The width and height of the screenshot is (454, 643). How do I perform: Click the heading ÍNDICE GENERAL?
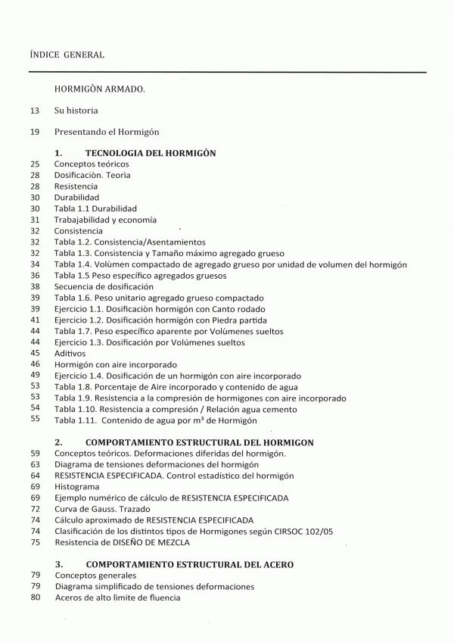coord(67,55)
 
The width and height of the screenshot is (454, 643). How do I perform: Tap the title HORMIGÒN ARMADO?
coord(99,89)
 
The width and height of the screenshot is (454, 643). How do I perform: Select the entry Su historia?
coord(76,111)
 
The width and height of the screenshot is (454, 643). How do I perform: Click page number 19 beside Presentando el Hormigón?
coord(35,132)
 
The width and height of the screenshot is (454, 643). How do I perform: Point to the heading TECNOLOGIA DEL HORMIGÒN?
coord(151,153)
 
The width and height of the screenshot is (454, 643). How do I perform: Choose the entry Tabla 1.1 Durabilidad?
coord(95,208)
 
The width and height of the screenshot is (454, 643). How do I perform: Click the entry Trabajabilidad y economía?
coord(105,220)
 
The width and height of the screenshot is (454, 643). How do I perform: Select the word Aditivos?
coord(70,354)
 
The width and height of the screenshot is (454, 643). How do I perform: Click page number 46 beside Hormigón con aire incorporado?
coord(35,364)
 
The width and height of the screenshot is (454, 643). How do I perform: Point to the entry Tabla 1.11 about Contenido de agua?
coord(156,420)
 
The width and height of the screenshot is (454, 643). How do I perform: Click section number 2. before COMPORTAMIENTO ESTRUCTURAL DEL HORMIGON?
coord(59,442)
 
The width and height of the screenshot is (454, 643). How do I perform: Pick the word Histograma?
coord(76,487)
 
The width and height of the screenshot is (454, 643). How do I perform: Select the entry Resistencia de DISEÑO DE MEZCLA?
coord(122,542)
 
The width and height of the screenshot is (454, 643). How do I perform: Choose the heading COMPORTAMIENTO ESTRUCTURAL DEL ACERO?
coord(189,565)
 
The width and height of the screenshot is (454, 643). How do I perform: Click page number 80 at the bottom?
coord(35,598)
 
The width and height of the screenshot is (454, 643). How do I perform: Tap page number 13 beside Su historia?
coord(35,111)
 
